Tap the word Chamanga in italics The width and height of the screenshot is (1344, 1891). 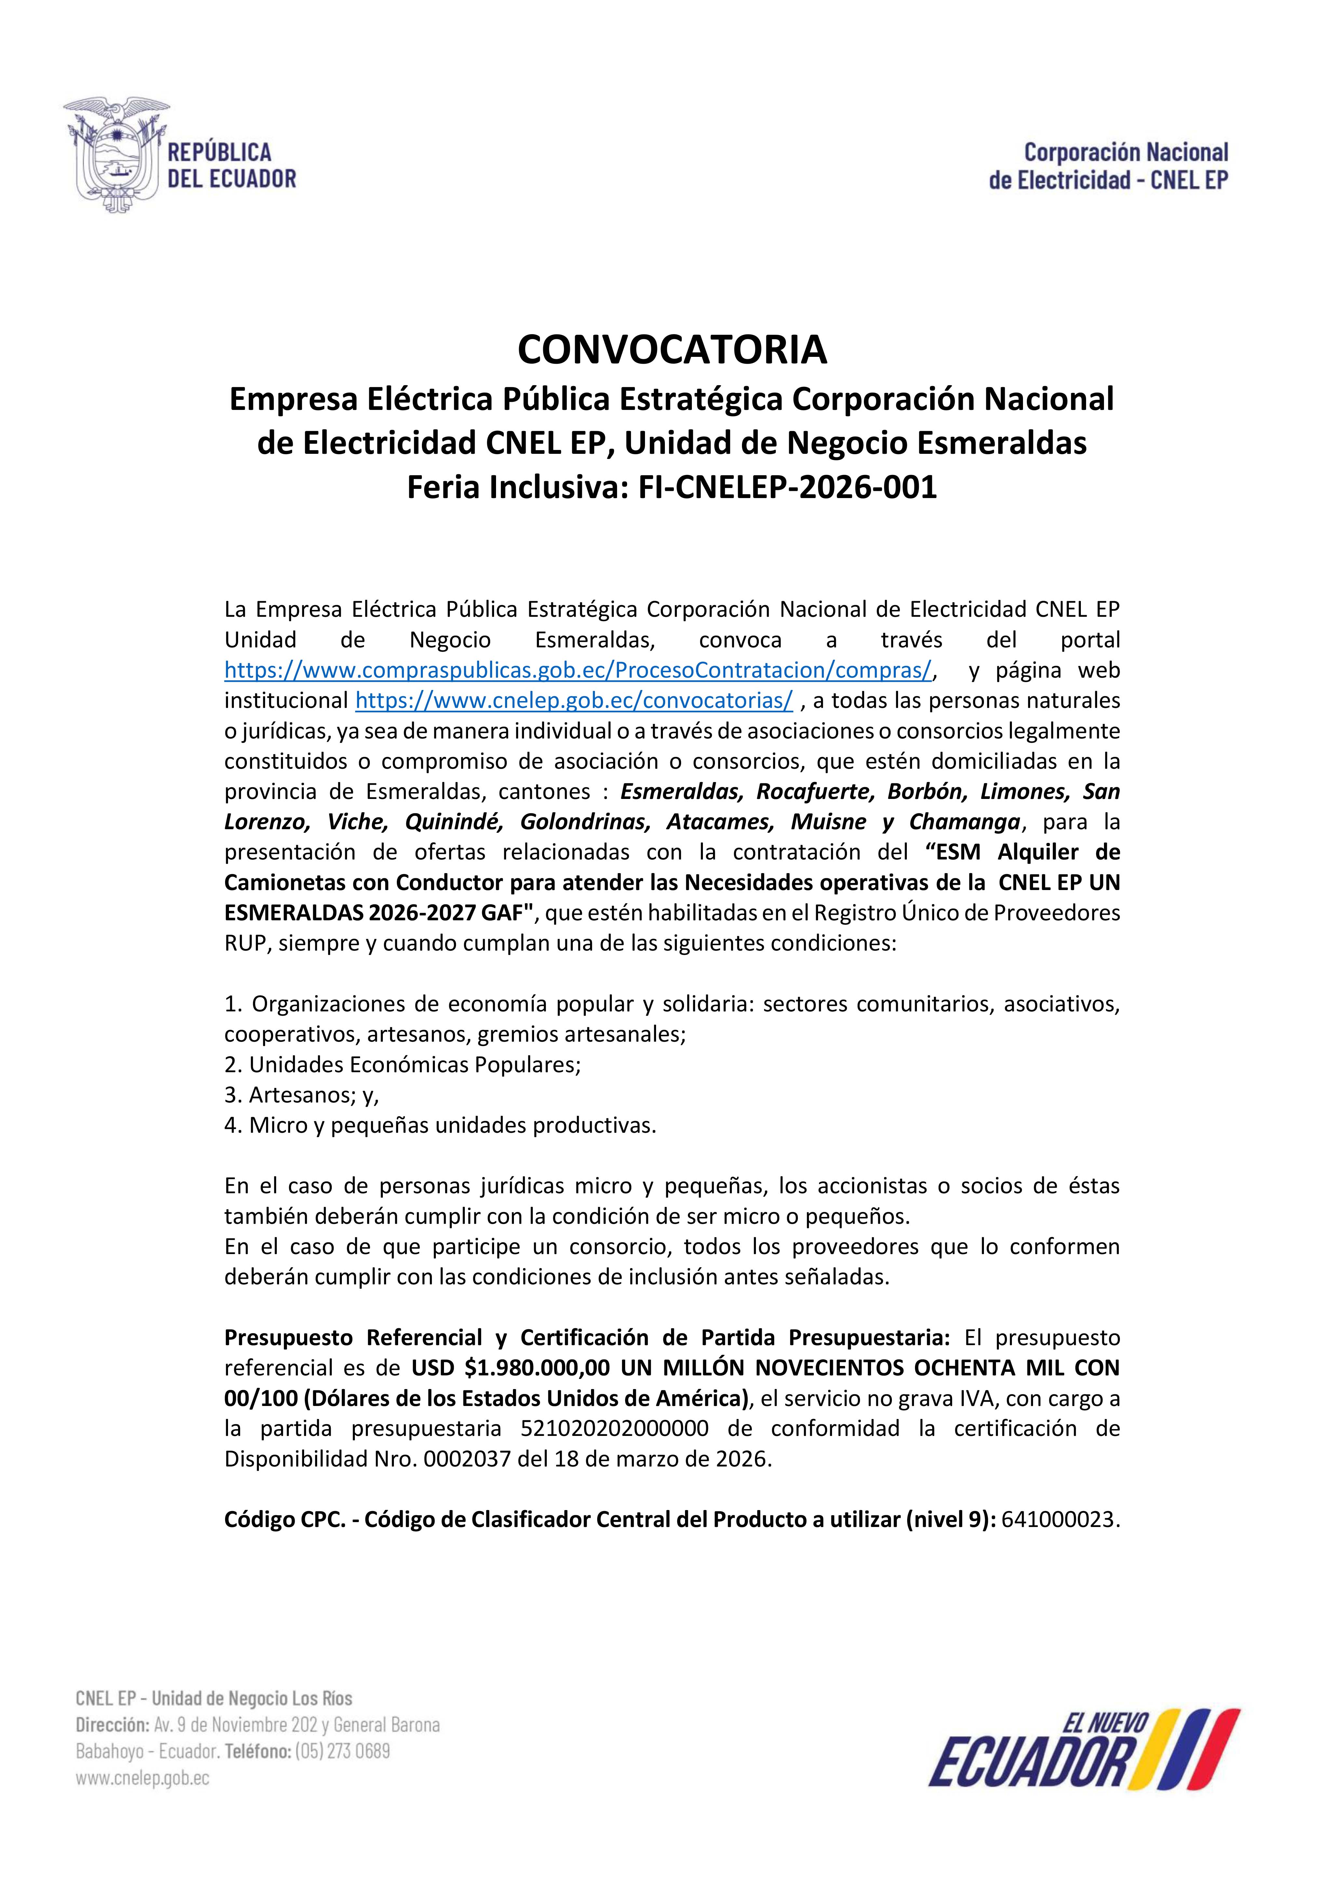click(x=964, y=822)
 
